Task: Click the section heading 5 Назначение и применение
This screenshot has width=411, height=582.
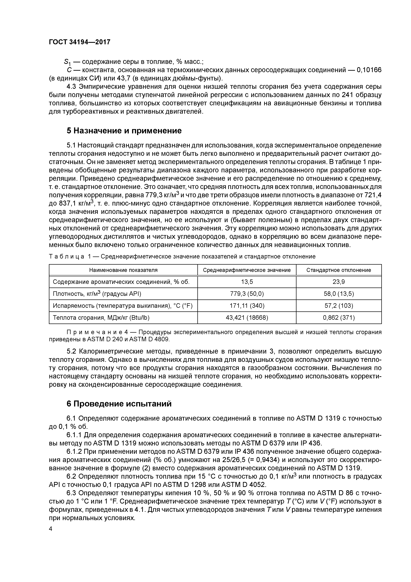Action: (x=124, y=131)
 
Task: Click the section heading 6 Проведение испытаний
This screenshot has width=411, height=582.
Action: (x=119, y=404)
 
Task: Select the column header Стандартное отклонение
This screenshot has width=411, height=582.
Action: (x=339, y=270)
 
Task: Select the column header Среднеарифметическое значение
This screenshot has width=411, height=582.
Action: (x=247, y=270)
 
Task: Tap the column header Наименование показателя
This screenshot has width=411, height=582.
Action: (x=123, y=270)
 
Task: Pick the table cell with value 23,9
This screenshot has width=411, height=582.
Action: (x=339, y=282)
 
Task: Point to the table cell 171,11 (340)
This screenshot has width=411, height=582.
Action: (x=247, y=306)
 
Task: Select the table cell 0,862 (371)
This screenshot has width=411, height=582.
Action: (x=339, y=318)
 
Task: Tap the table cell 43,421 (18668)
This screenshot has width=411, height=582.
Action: (x=247, y=318)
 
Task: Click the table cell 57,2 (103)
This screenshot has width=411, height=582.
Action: (x=339, y=306)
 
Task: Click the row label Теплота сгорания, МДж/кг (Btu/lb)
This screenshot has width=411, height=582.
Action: (x=101, y=318)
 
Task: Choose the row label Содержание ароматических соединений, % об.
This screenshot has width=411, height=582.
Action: (x=121, y=282)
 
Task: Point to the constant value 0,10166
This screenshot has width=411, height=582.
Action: (x=369, y=70)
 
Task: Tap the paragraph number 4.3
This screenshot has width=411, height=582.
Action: (x=71, y=87)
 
